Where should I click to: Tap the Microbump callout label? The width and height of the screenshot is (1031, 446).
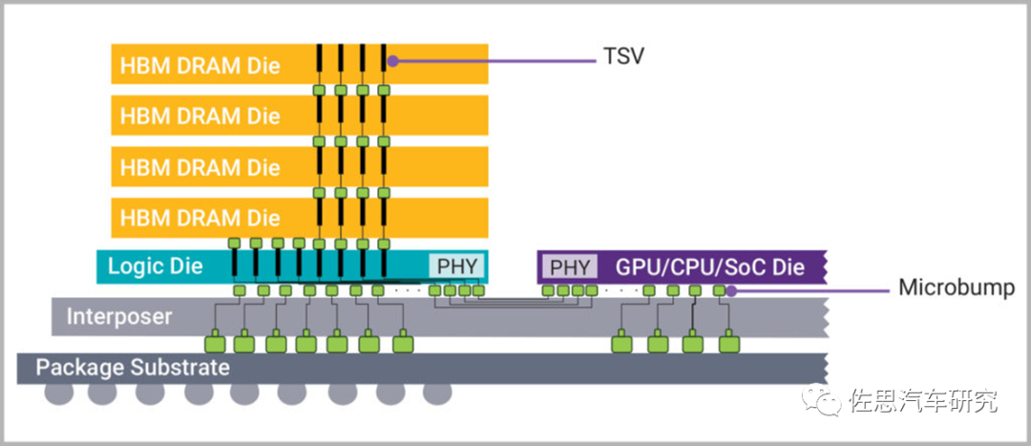tap(957, 287)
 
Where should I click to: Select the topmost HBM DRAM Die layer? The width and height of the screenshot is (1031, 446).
tap(299, 64)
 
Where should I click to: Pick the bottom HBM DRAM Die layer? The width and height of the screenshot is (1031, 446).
tap(299, 218)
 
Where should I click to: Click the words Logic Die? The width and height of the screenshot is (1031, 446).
tap(156, 266)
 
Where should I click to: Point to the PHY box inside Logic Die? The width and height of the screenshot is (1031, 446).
tap(457, 266)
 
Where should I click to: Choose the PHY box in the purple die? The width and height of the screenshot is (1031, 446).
tap(569, 267)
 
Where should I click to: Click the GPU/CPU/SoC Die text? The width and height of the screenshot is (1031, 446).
tap(710, 267)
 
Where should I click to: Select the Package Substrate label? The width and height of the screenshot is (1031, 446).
tap(133, 367)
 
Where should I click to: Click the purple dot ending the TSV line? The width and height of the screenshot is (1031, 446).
tap(392, 61)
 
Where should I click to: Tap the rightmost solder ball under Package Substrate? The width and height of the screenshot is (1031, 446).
tap(437, 393)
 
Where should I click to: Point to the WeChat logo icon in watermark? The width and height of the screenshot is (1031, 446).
tap(820, 399)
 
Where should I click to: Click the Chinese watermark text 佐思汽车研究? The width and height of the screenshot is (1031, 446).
tap(924, 400)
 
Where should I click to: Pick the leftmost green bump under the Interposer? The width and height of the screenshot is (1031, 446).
tap(215, 344)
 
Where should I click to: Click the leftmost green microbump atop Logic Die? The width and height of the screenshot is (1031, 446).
tap(235, 243)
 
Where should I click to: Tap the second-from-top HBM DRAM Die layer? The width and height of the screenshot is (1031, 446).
tap(299, 116)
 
